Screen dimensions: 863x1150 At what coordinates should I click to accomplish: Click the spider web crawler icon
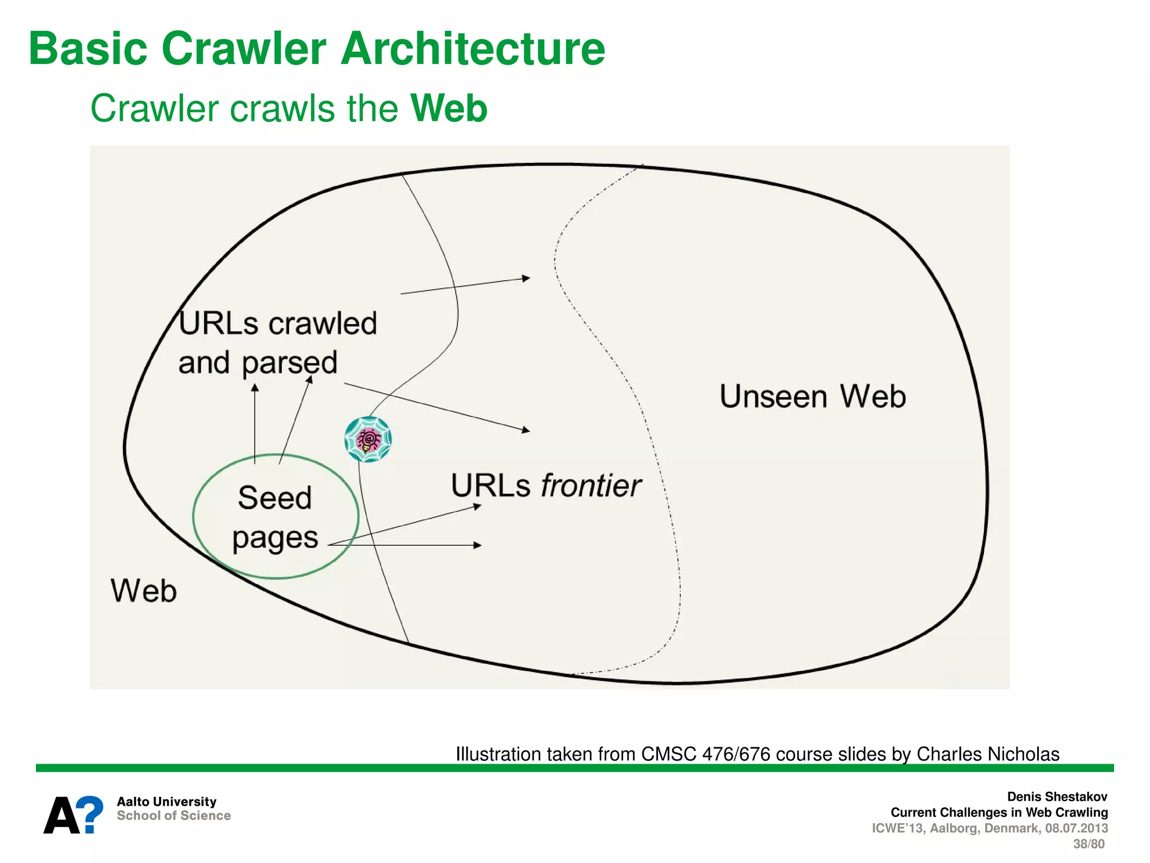point(368,439)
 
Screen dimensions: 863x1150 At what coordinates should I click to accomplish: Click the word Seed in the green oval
point(275,498)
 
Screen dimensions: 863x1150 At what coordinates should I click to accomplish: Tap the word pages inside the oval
point(275,538)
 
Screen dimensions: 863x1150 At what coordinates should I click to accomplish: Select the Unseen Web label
point(813,397)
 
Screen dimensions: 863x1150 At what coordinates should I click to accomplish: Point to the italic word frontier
point(590,485)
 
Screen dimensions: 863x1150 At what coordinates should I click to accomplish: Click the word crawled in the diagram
point(322,324)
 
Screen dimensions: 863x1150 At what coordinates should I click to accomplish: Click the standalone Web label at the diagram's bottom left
point(144,591)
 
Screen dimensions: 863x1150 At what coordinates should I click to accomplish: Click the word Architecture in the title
point(473,48)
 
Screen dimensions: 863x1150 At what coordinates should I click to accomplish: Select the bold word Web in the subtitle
point(449,108)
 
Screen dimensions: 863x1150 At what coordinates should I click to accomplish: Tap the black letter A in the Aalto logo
point(61,816)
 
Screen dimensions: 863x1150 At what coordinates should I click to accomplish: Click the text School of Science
point(174,816)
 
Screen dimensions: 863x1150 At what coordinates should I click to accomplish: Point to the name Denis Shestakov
point(1057,797)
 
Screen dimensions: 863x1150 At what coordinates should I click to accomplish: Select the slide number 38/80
point(1088,844)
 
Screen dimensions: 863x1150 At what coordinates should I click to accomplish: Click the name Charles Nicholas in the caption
point(988,754)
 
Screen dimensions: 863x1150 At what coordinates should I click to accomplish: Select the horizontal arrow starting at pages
point(404,545)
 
